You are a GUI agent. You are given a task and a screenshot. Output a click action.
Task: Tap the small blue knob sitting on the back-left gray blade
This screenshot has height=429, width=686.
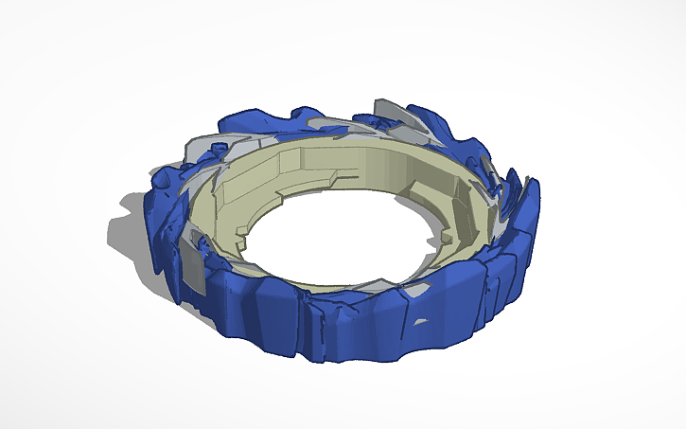pyautogui.click(x=220, y=149)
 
